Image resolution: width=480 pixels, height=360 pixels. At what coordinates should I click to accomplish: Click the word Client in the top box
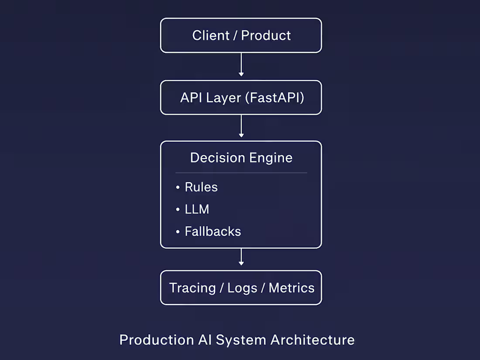[211, 35]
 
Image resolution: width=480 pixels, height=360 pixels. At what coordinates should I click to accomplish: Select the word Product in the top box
[266, 35]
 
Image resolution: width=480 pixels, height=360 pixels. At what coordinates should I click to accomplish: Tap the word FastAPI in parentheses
[274, 98]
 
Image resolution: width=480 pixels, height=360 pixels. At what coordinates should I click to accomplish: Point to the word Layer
[223, 98]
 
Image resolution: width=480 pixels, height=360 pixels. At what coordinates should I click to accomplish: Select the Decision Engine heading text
[241, 158]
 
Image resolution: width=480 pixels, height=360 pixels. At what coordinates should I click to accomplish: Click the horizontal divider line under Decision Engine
[241, 173]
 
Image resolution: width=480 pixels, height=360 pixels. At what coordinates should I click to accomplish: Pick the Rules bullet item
[201, 187]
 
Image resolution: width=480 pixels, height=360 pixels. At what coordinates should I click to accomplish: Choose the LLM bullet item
[197, 209]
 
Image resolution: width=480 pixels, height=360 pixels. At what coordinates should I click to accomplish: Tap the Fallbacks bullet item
[213, 231]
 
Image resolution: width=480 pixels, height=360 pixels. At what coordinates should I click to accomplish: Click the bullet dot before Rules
[178, 188]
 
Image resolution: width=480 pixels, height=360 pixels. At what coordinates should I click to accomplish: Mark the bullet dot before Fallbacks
[178, 232]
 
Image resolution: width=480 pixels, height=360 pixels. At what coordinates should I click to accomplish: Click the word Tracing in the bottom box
[192, 288]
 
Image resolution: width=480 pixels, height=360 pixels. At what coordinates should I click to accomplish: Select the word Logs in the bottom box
[242, 288]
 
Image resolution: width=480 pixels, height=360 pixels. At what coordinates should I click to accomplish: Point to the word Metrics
[291, 288]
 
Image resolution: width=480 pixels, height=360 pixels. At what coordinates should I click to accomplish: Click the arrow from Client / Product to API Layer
[241, 65]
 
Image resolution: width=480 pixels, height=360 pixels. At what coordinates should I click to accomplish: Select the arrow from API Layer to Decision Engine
[241, 126]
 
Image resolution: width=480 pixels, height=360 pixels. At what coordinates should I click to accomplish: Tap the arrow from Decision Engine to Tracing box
[241, 257]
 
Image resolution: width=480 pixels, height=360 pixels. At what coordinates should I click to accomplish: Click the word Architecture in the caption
[312, 340]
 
